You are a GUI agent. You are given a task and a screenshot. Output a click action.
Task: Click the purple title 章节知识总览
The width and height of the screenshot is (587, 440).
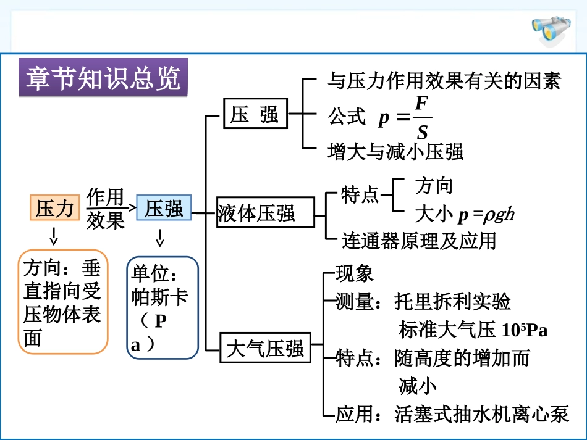[x=103, y=78]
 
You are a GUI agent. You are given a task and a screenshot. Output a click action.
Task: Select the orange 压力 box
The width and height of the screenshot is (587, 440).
[x=55, y=208]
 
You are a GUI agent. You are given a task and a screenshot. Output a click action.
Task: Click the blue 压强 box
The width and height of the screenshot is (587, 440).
[x=164, y=208]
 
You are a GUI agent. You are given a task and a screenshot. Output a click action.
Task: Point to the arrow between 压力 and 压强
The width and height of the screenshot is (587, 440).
[x=130, y=209]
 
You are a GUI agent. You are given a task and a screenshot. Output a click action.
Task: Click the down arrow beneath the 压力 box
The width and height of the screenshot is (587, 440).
[x=54, y=235]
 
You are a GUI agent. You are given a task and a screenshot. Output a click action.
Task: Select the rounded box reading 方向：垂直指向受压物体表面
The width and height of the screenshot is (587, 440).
[x=62, y=302]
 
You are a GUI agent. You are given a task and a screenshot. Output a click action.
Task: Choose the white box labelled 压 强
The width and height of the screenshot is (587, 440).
[x=255, y=114]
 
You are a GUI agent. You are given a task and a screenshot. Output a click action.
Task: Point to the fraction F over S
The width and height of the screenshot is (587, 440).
[x=421, y=117]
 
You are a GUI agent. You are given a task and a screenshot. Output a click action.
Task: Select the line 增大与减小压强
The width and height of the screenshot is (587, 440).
[x=395, y=151]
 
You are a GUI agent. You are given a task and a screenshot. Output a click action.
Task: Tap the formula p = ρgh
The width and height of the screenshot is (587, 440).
[x=486, y=215]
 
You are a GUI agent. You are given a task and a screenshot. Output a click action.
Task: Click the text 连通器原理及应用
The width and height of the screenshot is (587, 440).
[x=419, y=240]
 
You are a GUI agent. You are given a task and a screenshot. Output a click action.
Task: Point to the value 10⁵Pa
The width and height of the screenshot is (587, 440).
[x=525, y=330]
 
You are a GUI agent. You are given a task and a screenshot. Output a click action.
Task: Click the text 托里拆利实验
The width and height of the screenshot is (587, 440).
[x=452, y=302]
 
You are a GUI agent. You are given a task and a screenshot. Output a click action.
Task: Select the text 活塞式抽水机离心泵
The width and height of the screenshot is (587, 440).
[x=481, y=414]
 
